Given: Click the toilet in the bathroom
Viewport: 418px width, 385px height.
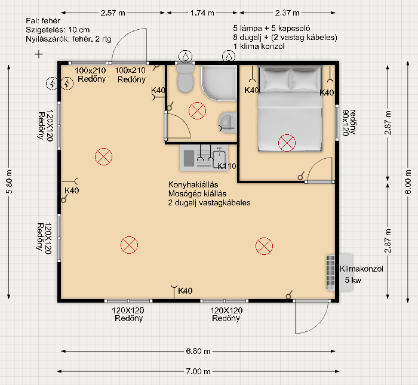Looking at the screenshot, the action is [x=185, y=79].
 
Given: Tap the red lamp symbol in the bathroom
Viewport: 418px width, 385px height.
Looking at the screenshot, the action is [x=197, y=110].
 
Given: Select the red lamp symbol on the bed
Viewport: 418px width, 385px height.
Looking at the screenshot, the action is [x=287, y=143].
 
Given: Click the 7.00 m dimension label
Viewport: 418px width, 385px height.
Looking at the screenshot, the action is [x=198, y=371].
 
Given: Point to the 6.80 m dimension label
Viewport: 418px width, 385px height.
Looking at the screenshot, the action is [x=198, y=351].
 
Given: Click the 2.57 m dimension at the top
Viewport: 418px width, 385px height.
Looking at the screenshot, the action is [x=113, y=13].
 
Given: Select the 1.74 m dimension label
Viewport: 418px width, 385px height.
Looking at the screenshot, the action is [x=202, y=13].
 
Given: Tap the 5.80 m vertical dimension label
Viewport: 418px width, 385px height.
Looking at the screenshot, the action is [x=9, y=181].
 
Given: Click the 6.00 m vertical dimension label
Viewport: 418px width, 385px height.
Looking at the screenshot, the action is [x=408, y=182].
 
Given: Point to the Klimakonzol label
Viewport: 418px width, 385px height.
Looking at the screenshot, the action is [x=361, y=269].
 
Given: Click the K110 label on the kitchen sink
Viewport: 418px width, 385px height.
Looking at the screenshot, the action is [x=226, y=166].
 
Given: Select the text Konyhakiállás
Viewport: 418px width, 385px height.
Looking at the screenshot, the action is [x=193, y=184].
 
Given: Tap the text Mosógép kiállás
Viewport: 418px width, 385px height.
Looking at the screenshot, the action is [x=197, y=194].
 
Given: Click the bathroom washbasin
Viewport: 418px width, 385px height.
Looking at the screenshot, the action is [x=228, y=123].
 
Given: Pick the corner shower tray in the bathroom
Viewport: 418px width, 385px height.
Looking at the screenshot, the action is [x=219, y=83].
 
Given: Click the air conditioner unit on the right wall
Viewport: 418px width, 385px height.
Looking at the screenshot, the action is [x=331, y=273].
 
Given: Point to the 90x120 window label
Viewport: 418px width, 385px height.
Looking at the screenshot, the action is [x=346, y=122].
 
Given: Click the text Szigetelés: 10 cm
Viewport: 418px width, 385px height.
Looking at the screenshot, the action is [x=57, y=30].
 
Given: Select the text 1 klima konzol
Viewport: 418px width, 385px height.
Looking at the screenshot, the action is [x=259, y=47].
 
